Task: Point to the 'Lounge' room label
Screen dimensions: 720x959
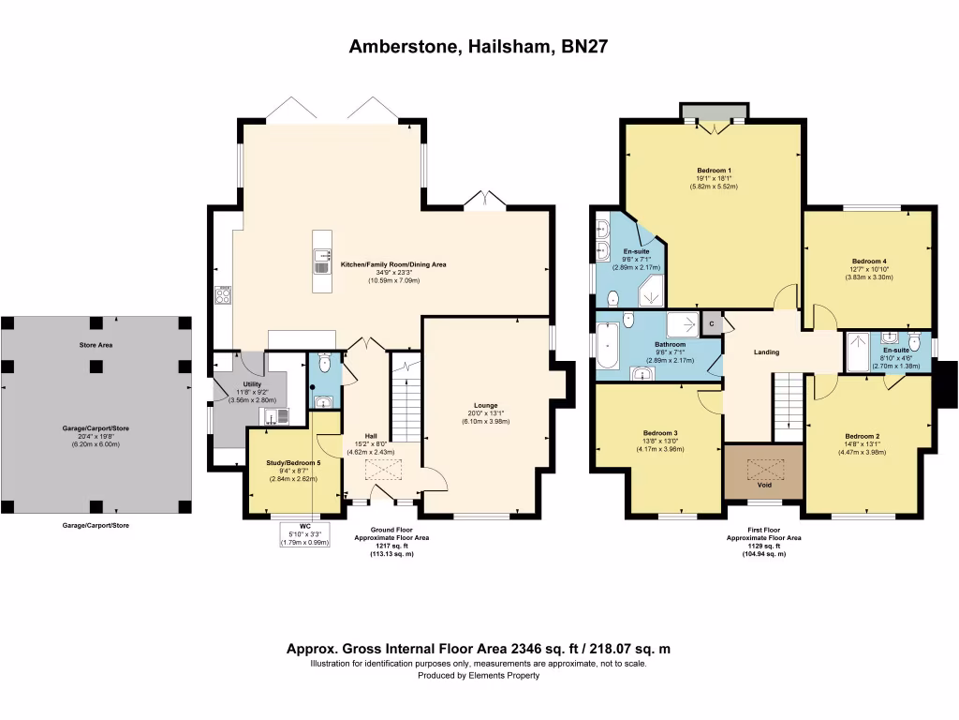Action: (485, 405)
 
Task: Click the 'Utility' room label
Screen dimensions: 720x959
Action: (252, 384)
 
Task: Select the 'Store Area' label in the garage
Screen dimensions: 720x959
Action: (96, 345)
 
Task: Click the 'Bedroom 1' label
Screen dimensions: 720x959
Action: (714, 170)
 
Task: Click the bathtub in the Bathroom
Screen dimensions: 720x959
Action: (609, 346)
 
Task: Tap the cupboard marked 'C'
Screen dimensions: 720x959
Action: (712, 323)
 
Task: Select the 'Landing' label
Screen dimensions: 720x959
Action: (766, 352)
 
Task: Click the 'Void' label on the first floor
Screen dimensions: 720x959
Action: (764, 486)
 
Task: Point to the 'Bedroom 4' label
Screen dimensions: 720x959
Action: (868, 261)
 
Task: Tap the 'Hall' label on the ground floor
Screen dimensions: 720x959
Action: (372, 435)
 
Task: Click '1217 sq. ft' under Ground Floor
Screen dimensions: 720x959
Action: (391, 547)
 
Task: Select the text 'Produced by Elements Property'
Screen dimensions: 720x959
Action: (479, 675)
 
